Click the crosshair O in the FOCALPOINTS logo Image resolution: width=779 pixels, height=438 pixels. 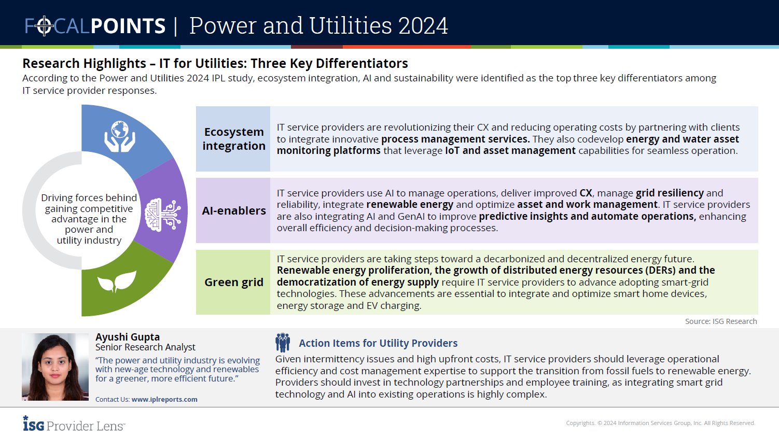pos(45,25)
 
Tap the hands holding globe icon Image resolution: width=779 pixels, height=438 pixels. pos(120,137)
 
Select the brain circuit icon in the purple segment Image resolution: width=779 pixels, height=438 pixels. pos(162,214)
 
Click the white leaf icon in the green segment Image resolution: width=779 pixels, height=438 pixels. pos(117,281)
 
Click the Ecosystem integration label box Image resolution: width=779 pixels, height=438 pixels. pos(233,139)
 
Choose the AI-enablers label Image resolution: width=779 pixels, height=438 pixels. pos(234,210)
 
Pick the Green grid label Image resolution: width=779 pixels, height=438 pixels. pos(234,282)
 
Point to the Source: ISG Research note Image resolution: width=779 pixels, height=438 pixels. pos(720,321)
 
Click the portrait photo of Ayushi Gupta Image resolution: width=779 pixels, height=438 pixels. pos(55,367)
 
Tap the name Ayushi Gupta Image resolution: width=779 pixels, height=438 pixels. pos(128,337)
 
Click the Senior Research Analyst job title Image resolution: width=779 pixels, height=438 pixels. pos(145,347)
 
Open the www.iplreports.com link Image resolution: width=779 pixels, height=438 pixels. pos(164,400)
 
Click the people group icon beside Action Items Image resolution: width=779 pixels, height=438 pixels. pos(283,343)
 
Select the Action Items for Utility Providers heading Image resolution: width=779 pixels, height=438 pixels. pos(378,343)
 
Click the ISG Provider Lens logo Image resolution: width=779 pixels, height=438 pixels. pos(74,424)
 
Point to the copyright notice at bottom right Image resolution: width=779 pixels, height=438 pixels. pos(660,423)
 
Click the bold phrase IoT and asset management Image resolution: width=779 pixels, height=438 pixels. pos(510,151)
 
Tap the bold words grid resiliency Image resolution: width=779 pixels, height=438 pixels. pos(670,193)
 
